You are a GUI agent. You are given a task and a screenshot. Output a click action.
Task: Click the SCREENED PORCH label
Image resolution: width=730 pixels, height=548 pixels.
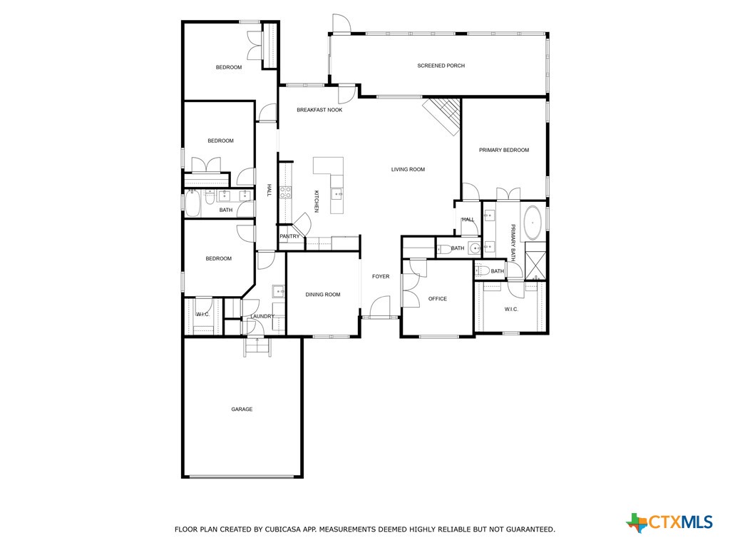[x=441, y=66]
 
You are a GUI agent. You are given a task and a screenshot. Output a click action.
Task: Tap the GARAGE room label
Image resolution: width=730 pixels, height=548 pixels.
[x=242, y=410]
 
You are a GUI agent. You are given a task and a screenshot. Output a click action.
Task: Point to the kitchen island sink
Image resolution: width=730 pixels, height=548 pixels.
[x=336, y=193]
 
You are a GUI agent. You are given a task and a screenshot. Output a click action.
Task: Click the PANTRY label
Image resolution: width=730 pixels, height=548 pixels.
[x=289, y=236]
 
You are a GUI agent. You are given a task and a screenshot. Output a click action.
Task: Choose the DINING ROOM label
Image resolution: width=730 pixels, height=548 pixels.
[x=323, y=295]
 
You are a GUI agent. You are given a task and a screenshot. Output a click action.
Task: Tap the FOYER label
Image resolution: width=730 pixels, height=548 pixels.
[x=381, y=276]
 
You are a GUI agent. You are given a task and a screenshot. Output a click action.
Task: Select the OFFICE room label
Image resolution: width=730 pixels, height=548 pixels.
[x=437, y=299]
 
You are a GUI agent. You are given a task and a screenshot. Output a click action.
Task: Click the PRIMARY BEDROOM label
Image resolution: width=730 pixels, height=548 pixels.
[x=504, y=150]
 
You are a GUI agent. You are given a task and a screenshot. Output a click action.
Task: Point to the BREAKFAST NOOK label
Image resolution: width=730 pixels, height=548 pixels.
[x=319, y=110]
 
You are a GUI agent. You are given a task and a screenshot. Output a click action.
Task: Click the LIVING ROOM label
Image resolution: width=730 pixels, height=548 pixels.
[x=408, y=169]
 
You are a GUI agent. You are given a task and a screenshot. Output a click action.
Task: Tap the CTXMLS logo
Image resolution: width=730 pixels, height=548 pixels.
[x=669, y=522]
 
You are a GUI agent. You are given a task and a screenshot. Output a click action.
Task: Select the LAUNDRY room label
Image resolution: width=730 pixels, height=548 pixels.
[x=262, y=316]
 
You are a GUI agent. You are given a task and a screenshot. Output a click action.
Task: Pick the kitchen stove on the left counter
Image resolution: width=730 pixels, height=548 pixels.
[x=284, y=192]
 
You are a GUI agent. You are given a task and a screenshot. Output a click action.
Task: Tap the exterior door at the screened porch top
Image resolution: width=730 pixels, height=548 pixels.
[x=341, y=24]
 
